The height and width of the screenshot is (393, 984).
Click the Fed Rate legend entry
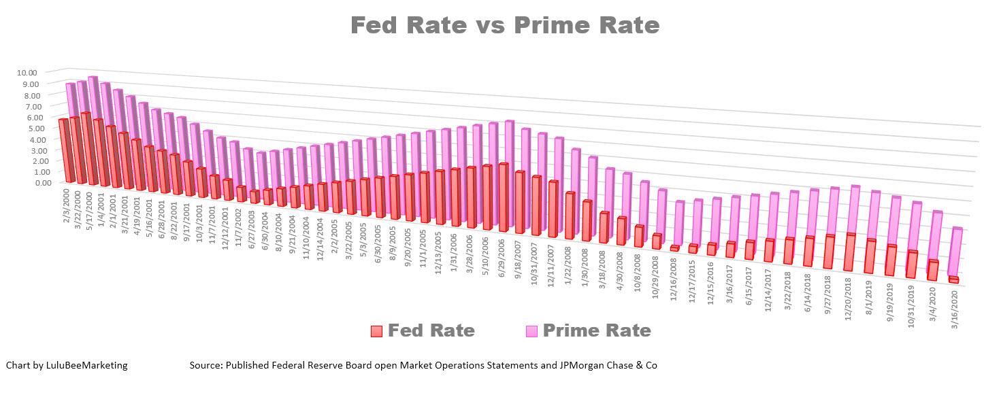(431, 331)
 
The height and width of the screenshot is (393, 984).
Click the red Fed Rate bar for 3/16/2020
(953, 279)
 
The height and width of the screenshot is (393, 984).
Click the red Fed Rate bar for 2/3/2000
(66, 150)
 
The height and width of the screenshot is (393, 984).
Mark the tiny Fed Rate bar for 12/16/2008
(674, 249)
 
